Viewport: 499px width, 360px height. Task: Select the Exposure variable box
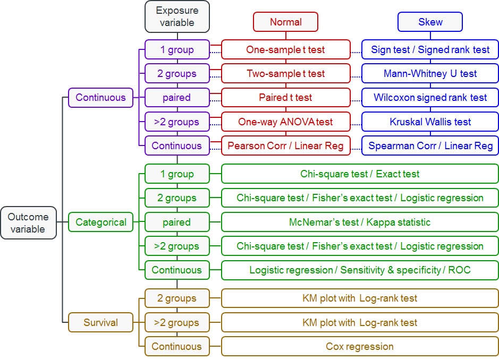pyautogui.click(x=177, y=16)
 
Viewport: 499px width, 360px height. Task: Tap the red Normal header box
pyautogui.click(x=285, y=22)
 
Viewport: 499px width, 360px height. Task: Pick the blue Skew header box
pyautogui.click(x=430, y=22)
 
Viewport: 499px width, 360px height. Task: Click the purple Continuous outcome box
pyautogui.click(x=100, y=98)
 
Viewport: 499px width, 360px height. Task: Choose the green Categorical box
pyautogui.click(x=100, y=222)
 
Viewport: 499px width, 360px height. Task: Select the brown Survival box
pyautogui.click(x=100, y=322)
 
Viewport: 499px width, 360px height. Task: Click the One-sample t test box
pyautogui.click(x=285, y=50)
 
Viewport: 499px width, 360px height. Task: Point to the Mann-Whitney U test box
pyautogui.click(x=430, y=74)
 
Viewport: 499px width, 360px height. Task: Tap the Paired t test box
pyautogui.click(x=285, y=98)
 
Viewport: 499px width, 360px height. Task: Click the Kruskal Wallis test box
pyautogui.click(x=430, y=122)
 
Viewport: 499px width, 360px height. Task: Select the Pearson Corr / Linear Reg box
pyautogui.click(x=285, y=145)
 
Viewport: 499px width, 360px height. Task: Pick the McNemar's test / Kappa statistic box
pyautogui.click(x=359, y=222)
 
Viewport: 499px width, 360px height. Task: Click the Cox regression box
pyautogui.click(x=359, y=346)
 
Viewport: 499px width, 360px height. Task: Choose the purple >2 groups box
pyautogui.click(x=177, y=122)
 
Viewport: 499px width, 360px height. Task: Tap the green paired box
pyautogui.click(x=177, y=222)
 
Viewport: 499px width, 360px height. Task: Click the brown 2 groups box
pyautogui.click(x=177, y=298)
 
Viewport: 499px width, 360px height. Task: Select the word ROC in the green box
pyautogui.click(x=459, y=270)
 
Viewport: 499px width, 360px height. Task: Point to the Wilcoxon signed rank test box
pyautogui.click(x=430, y=98)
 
